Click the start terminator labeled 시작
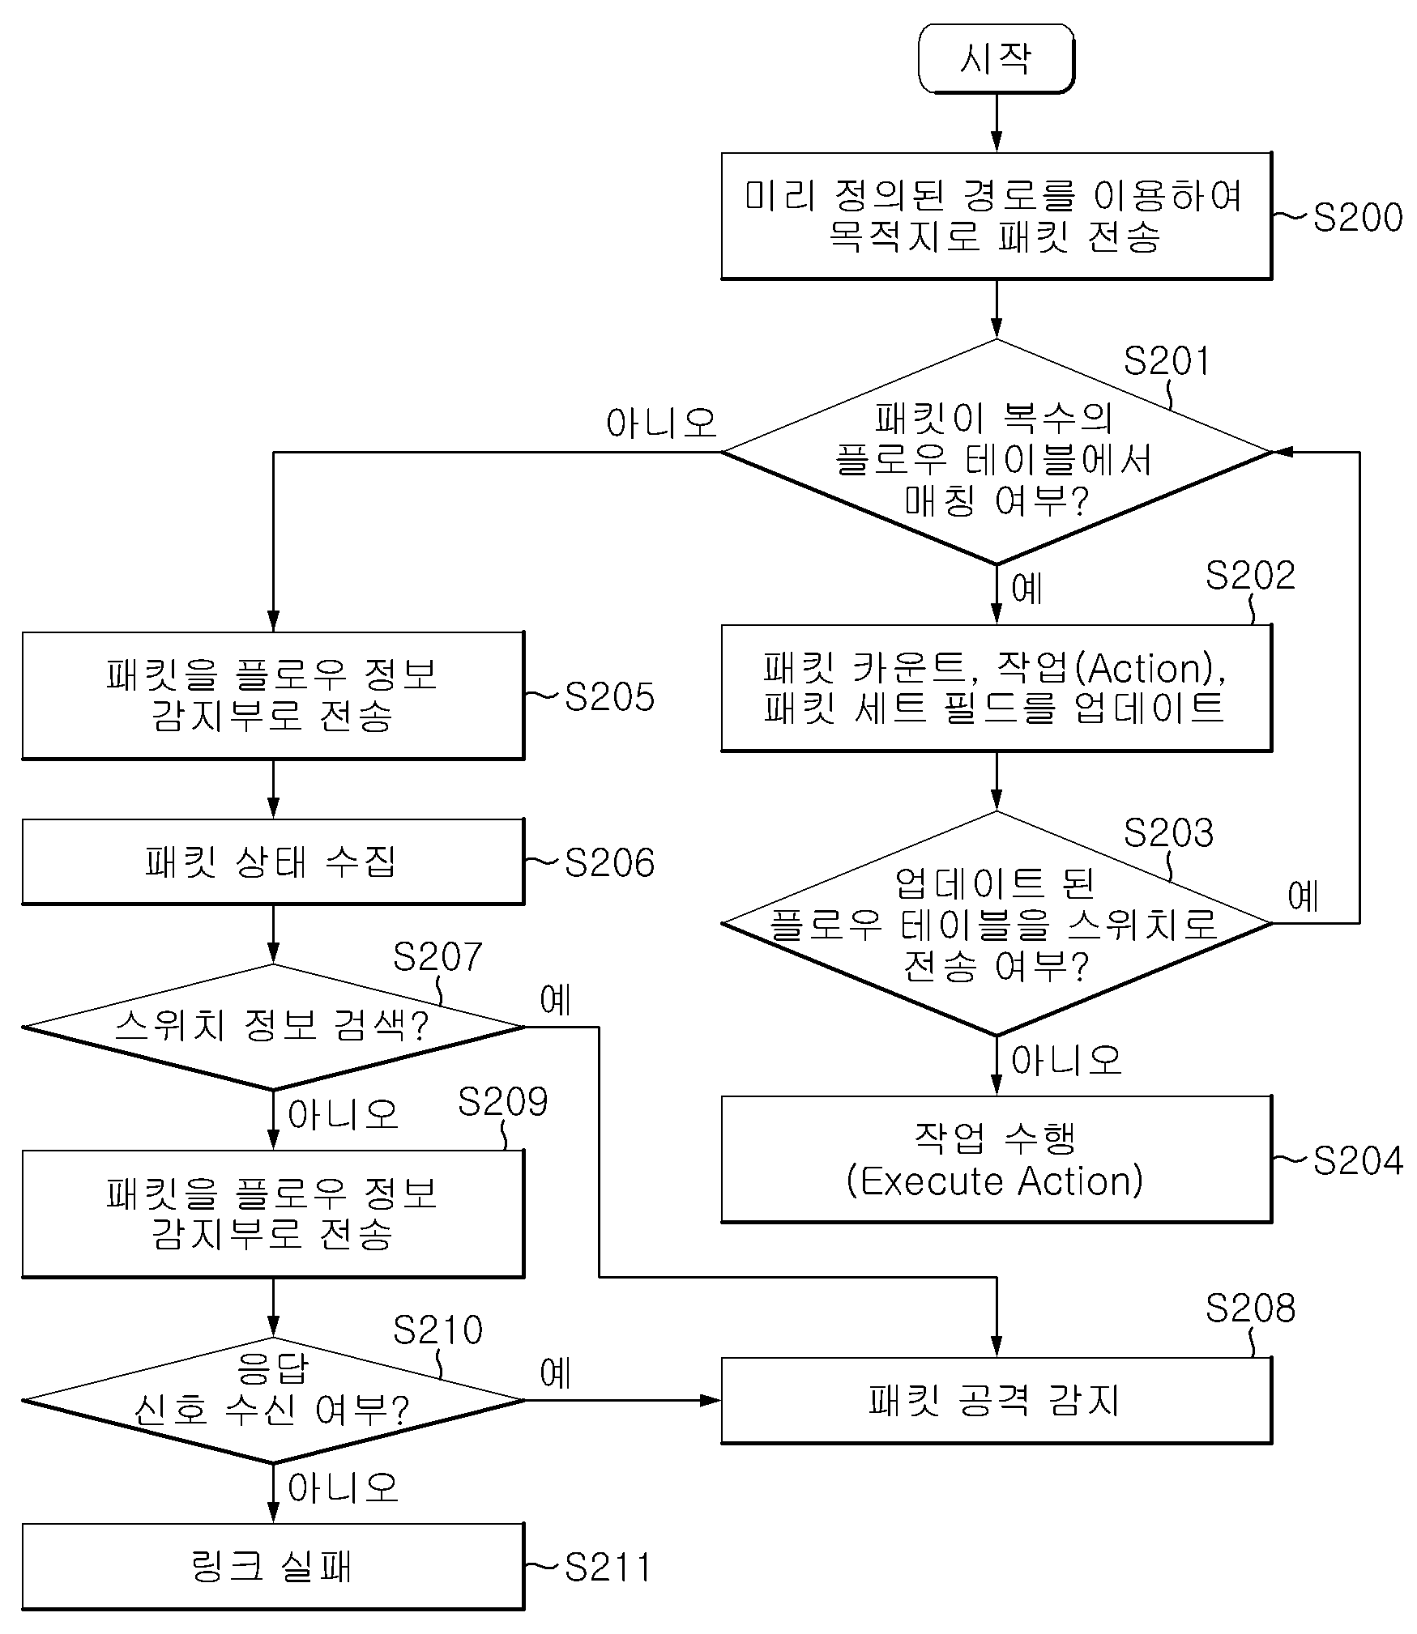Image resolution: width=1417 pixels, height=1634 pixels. [996, 58]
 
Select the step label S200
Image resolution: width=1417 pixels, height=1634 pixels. [1358, 217]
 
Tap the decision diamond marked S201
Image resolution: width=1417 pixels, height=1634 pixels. [997, 452]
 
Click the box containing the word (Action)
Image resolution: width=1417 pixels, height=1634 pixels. [997, 687]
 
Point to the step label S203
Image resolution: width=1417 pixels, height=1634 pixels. [1168, 832]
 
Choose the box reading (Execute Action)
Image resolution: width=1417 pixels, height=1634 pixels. [997, 1160]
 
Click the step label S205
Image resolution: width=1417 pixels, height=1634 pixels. [609, 696]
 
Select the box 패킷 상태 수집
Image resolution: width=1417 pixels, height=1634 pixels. [273, 862]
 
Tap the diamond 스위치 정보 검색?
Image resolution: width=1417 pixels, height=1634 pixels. [274, 1027]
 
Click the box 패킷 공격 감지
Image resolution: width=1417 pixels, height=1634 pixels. [997, 1400]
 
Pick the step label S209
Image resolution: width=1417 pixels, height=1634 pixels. [502, 1101]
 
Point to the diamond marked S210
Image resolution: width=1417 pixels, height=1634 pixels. [274, 1400]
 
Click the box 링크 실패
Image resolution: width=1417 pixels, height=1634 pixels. [273, 1566]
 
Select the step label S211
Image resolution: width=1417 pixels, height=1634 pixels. [608, 1568]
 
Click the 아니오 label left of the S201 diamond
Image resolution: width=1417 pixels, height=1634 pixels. [662, 423]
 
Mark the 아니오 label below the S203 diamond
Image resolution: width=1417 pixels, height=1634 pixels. [1067, 1060]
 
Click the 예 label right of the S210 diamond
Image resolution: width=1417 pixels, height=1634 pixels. [557, 1373]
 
